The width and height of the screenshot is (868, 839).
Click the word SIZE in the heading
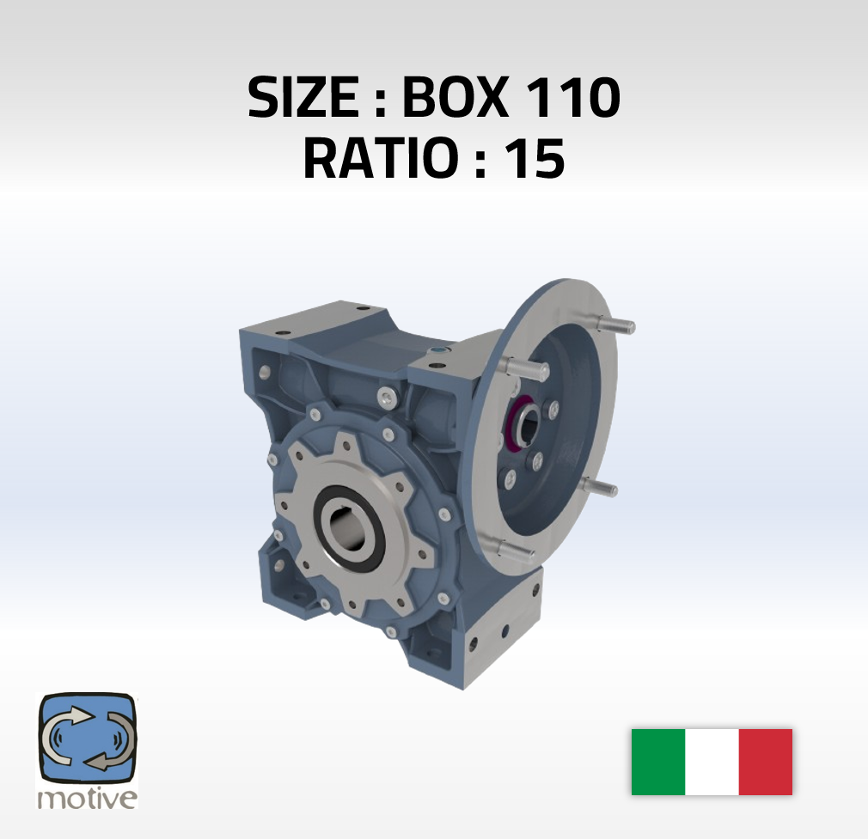pos(303,97)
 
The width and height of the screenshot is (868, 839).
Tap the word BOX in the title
pos(455,97)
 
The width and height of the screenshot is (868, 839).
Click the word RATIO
pos(379,158)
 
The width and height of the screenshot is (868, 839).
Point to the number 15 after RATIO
pos(535,158)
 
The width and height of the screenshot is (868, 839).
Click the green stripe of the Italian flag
pos(658,762)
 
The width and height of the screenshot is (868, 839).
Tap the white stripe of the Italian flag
pos(712,762)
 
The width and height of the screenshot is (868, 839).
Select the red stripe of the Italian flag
pos(766,762)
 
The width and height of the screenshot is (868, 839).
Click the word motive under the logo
pos(87,799)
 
